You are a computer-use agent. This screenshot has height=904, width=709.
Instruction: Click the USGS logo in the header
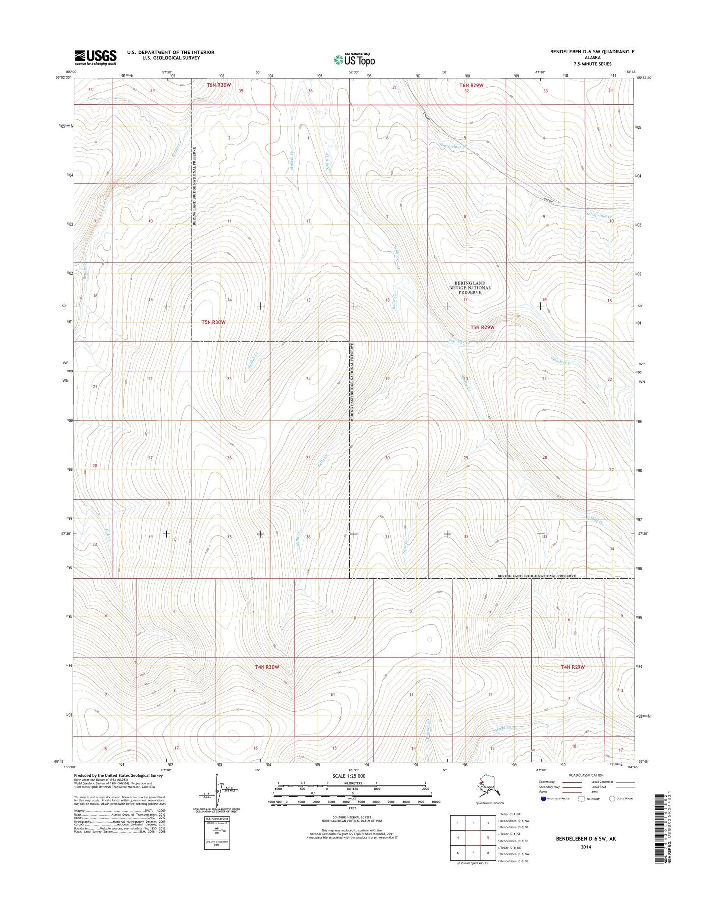[x=96, y=57]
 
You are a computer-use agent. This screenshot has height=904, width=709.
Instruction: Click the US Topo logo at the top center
[x=354, y=59]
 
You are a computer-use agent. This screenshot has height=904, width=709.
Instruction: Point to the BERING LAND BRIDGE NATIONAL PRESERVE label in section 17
[x=470, y=288]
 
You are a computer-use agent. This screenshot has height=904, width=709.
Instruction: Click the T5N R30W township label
[x=213, y=322]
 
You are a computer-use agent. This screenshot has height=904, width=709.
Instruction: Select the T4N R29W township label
[x=573, y=667]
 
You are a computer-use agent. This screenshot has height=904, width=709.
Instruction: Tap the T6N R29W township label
[x=471, y=85]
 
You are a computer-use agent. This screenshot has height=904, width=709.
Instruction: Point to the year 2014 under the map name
[x=585, y=847]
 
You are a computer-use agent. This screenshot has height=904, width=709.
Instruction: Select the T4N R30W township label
[x=267, y=667]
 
